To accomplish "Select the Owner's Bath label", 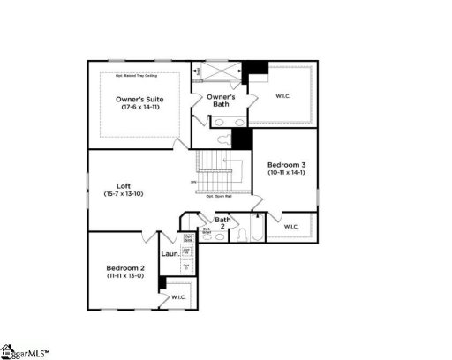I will pyautogui.click(x=221, y=100).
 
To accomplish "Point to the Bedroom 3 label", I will pyautogui.click(x=288, y=165).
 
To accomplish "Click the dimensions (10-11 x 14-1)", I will pyautogui.click(x=288, y=173).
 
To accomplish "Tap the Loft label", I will pyautogui.click(x=124, y=185).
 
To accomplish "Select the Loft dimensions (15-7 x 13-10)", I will pyautogui.click(x=124, y=193).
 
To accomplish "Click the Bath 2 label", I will pyautogui.click(x=222, y=222).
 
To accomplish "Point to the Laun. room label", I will pyautogui.click(x=170, y=255).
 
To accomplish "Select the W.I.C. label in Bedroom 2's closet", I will pyautogui.click(x=177, y=296).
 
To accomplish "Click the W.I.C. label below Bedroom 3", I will pyautogui.click(x=290, y=229).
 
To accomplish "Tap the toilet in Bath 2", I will pyautogui.click(x=220, y=236).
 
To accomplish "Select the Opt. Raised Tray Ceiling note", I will pyautogui.click(x=142, y=77).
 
